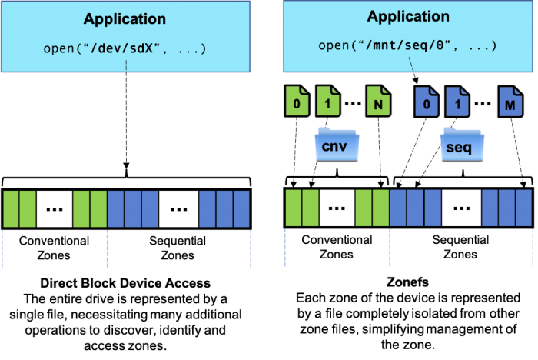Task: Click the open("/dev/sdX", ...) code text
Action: (x=125, y=50)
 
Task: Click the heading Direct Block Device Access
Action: (x=125, y=283)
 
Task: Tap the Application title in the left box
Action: (x=125, y=18)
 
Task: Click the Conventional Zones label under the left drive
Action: (x=54, y=248)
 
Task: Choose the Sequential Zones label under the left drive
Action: (x=178, y=248)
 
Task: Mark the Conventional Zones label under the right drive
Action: (x=337, y=247)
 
